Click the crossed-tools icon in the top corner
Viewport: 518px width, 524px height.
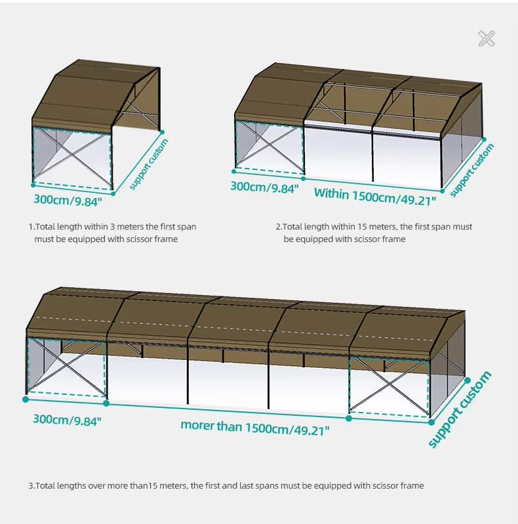click(487, 39)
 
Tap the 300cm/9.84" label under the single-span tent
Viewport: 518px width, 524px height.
click(68, 200)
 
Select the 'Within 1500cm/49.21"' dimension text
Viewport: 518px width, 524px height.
click(375, 197)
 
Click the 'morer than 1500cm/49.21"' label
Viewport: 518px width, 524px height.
click(254, 428)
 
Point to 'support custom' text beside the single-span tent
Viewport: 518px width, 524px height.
click(149, 164)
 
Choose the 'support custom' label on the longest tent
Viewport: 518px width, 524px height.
click(460, 409)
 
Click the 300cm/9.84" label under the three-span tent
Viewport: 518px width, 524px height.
click(264, 187)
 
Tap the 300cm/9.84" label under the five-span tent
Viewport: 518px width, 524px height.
click(67, 420)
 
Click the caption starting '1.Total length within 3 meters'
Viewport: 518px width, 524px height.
click(112, 233)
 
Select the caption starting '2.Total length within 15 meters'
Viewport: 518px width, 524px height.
click(374, 233)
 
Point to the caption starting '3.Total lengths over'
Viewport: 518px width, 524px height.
click(226, 485)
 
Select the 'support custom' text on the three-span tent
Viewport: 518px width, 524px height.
click(471, 170)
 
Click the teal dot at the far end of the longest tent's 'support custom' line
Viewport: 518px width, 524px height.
click(468, 380)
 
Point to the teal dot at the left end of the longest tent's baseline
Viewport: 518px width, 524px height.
click(26, 399)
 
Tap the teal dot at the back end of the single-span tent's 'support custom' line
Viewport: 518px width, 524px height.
click(163, 132)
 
